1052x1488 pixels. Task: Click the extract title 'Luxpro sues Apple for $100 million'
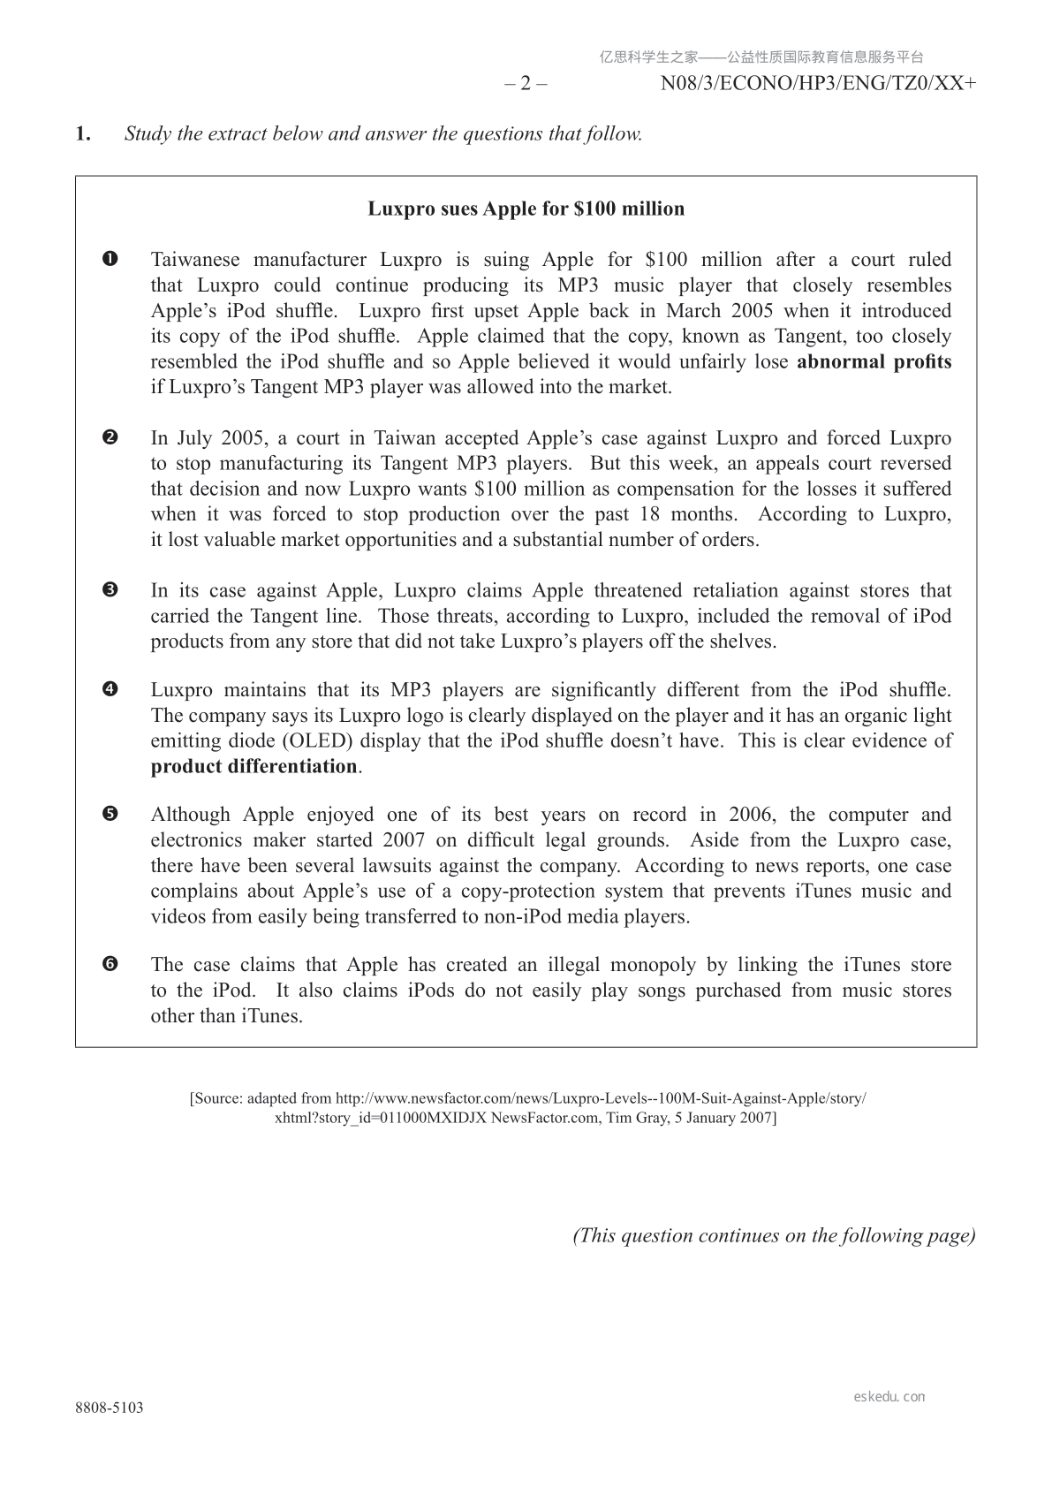pyautogui.click(x=526, y=209)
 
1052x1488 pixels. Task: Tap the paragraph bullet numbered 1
pyautogui.click(x=110, y=260)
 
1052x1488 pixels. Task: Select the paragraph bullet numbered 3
pyautogui.click(x=110, y=590)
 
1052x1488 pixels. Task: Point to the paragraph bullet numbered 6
pyautogui.click(x=110, y=965)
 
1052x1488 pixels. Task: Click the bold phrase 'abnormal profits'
pyautogui.click(x=874, y=361)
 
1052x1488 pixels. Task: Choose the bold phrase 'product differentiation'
pyautogui.click(x=254, y=766)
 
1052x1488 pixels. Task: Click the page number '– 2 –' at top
pyautogui.click(x=526, y=84)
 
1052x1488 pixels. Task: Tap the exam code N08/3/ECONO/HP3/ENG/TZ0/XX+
pyautogui.click(x=819, y=84)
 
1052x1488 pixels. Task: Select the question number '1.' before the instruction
pyautogui.click(x=83, y=134)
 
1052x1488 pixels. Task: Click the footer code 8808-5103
pyautogui.click(x=110, y=1408)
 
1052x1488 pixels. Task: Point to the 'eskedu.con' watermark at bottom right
pyautogui.click(x=889, y=1397)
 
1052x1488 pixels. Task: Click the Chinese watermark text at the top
pyautogui.click(x=761, y=57)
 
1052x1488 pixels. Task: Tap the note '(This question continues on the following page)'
pyautogui.click(x=775, y=1235)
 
